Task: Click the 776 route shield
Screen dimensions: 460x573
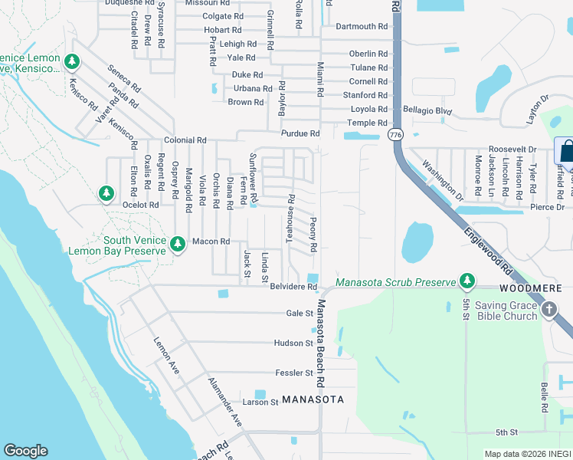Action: point(395,135)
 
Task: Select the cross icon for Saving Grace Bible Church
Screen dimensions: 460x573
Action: point(548,309)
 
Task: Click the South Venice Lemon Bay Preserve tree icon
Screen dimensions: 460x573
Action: point(178,244)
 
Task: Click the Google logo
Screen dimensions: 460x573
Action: point(25,451)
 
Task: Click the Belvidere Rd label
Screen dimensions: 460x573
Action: point(293,287)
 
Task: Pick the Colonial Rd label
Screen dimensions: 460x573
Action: point(185,141)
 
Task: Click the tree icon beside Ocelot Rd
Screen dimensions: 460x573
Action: point(106,192)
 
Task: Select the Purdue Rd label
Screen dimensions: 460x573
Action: point(300,133)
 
